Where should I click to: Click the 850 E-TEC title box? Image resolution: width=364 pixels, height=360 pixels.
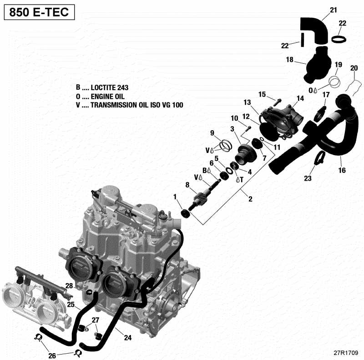(39, 13)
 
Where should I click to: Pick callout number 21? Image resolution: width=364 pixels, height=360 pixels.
(334, 10)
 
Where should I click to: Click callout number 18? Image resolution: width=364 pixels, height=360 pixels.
(289, 60)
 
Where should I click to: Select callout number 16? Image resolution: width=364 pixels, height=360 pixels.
(342, 171)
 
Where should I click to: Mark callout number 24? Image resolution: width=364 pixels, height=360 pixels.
(128, 338)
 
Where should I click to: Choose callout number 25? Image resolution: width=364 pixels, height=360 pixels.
(71, 304)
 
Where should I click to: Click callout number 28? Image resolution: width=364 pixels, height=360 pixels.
(69, 285)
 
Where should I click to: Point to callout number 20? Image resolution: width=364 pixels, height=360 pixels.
(354, 68)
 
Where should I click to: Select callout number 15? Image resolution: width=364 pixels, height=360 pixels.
(262, 94)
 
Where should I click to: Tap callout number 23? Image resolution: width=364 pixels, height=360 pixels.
(308, 178)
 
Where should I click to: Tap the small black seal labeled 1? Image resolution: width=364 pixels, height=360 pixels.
(185, 214)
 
